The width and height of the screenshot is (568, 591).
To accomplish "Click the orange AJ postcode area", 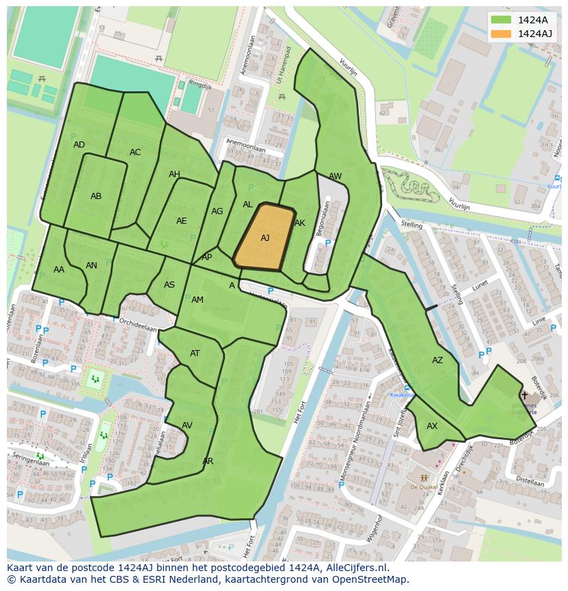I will coord(264,238).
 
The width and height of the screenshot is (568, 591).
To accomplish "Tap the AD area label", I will coord(79,145).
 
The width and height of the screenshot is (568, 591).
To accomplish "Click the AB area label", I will coord(96,196).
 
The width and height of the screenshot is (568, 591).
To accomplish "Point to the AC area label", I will coord(135,152).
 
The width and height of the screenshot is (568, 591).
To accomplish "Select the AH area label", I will coord(174,174).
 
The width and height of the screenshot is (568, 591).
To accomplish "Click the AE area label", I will coord(181,221).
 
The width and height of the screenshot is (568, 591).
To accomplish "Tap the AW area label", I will coord(335,176).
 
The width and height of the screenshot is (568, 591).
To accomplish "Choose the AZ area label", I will coord(438,360).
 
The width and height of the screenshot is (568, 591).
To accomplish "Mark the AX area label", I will coord(432,426).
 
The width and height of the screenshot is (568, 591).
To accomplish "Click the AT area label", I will coord(195,354).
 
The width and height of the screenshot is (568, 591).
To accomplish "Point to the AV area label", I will coord(187,426).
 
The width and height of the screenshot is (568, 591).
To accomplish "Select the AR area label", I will coord(208,461).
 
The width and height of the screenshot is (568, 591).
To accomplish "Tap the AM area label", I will coord(198,300).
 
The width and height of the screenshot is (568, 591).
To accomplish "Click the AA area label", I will coord(59,270).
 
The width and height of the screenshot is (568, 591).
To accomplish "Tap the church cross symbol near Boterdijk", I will coord(525,395).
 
